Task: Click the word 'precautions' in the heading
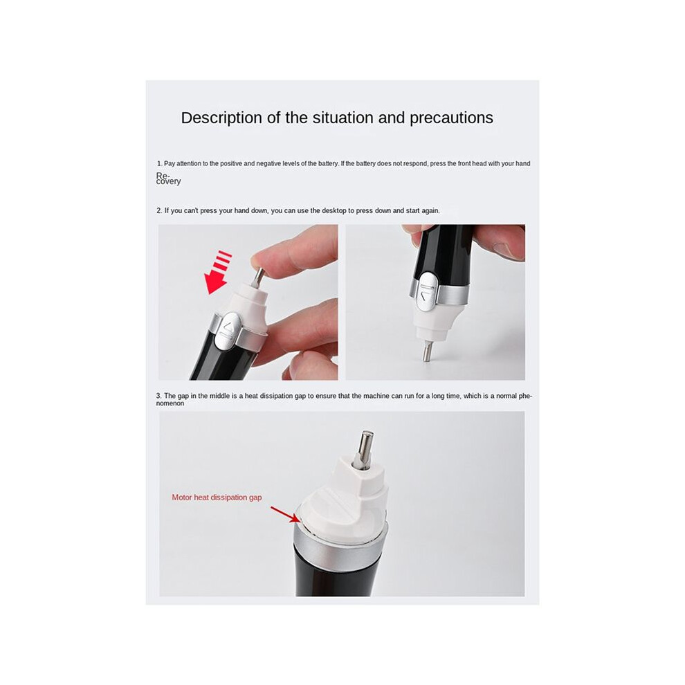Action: pos(451,118)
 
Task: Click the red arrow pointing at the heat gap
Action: pos(285,514)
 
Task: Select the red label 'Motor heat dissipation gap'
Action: pos(217,497)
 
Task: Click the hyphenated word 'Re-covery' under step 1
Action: pos(168,179)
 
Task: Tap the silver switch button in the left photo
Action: pos(227,331)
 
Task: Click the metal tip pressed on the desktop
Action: pos(426,351)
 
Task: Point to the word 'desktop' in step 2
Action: pos(334,210)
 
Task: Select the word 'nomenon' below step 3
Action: pos(170,403)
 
